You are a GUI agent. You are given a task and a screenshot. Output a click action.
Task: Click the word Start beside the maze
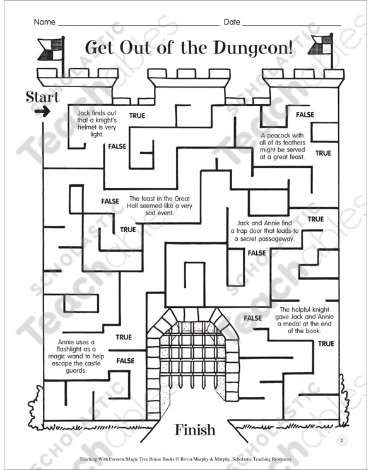click(42, 97)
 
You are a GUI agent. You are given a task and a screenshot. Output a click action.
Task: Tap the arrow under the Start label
click(42, 112)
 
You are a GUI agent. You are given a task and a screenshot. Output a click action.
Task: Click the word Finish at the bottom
click(195, 430)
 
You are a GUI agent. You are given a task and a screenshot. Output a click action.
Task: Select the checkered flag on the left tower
click(51, 49)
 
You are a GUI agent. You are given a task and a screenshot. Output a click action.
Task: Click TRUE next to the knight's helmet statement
click(137, 115)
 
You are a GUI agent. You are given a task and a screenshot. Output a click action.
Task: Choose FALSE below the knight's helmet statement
click(117, 146)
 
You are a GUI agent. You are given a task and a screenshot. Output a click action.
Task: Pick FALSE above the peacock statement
click(305, 115)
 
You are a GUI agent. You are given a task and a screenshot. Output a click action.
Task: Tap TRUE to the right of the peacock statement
click(323, 153)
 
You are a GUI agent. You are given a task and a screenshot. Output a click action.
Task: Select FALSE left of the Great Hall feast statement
click(110, 201)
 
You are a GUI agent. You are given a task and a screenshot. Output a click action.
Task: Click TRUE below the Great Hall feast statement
click(128, 230)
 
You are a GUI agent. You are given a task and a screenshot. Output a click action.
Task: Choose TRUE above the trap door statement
click(316, 219)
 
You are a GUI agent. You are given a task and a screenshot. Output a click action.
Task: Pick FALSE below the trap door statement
click(257, 253)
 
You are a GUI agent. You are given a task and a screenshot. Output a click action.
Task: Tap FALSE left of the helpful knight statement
click(253, 318)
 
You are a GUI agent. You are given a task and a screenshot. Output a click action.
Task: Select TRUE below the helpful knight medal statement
click(326, 344)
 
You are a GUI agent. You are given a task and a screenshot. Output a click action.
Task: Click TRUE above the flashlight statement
click(124, 338)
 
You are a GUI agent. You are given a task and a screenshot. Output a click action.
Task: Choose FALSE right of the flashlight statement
click(126, 361)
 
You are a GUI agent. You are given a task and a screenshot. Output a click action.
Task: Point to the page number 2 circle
click(341, 440)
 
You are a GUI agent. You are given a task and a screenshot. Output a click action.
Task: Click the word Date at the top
click(232, 22)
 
